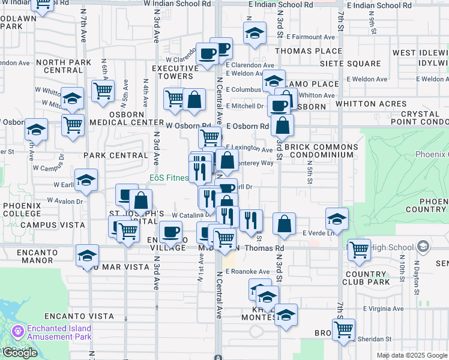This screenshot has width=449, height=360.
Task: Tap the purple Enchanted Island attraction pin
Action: pos(17,331)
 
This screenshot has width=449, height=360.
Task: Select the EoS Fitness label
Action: pos(169,178)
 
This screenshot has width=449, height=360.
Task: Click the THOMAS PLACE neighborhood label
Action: pos(308,52)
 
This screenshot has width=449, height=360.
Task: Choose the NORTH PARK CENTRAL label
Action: pos(59,66)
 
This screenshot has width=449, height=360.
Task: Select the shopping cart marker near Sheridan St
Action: pos(343,328)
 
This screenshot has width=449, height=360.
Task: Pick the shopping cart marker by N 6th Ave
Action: pos(103,91)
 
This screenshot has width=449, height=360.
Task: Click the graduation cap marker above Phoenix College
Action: pos(86,180)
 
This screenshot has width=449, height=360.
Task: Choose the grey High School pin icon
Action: pos(423,247)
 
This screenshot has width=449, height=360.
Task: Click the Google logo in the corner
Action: pos(20,353)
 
